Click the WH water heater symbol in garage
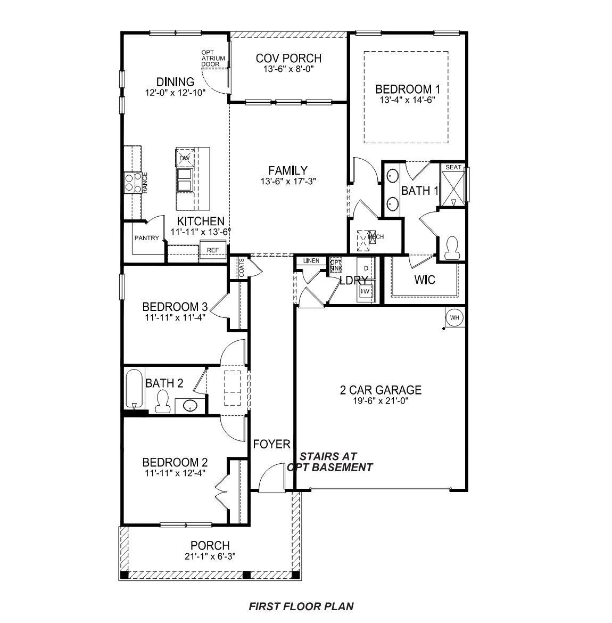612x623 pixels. pos(454,318)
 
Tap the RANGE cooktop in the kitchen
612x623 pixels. pos(134,182)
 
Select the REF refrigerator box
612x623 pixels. pos(212,250)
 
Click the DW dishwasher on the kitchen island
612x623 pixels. pos(185,158)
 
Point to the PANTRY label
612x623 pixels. pos(146,238)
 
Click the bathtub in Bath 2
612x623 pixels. pos(135,389)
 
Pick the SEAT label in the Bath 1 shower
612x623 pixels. pos(453,167)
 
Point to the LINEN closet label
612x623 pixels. pos(311,260)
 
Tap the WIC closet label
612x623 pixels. pos(425,280)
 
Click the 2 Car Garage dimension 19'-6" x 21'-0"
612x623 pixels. pos(381,400)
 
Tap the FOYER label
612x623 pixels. pos(271,444)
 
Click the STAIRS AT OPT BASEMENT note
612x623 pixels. pos(329,462)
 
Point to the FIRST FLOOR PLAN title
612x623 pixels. pos(301,606)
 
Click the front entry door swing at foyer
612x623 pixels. pos(271,478)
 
